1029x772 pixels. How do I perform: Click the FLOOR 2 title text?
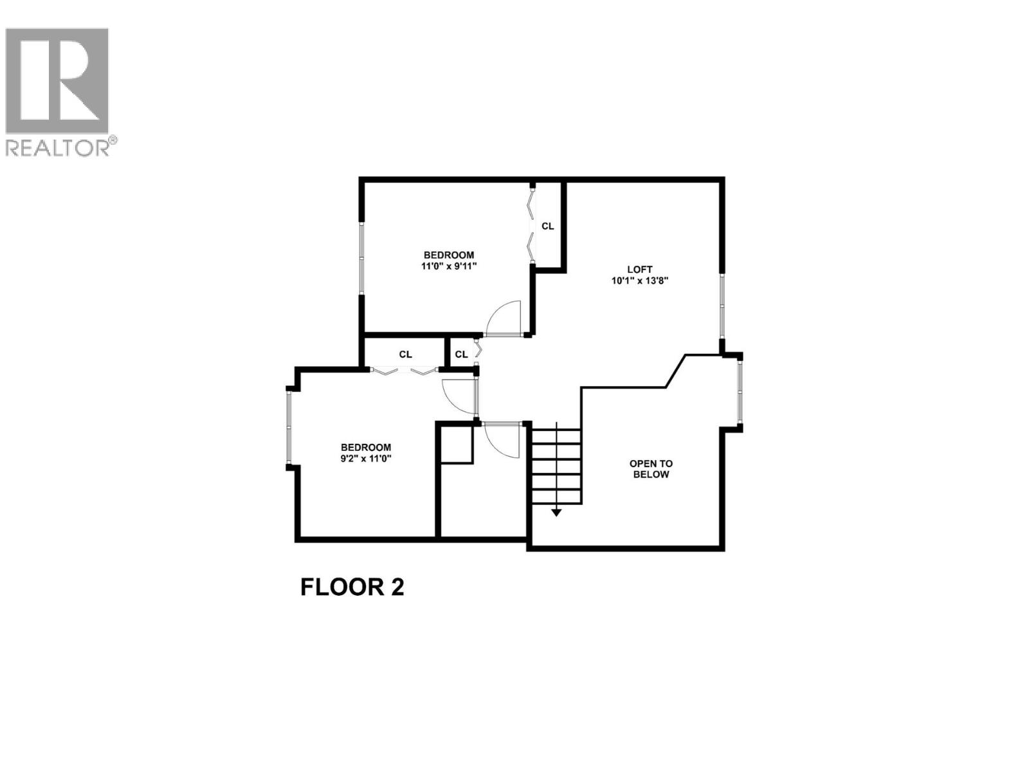[352, 587]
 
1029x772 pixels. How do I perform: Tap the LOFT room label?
[639, 270]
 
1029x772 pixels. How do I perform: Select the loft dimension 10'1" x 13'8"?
[639, 280]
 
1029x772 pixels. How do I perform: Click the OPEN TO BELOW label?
[651, 469]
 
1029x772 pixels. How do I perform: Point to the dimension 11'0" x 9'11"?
[448, 266]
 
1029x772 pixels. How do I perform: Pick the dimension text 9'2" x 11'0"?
[365, 459]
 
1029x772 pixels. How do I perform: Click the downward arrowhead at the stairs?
[556, 512]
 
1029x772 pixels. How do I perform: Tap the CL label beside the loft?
[547, 226]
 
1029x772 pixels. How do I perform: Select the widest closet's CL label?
[405, 354]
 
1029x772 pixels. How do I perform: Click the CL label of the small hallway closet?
[461, 354]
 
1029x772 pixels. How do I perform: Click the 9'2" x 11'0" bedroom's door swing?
[458, 396]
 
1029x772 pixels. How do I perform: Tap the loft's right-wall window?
[722, 306]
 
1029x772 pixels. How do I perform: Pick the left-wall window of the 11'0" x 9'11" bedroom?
[361, 259]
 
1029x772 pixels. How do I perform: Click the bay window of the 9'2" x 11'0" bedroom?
[289, 428]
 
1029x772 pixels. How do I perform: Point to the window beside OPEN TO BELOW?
[740, 392]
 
